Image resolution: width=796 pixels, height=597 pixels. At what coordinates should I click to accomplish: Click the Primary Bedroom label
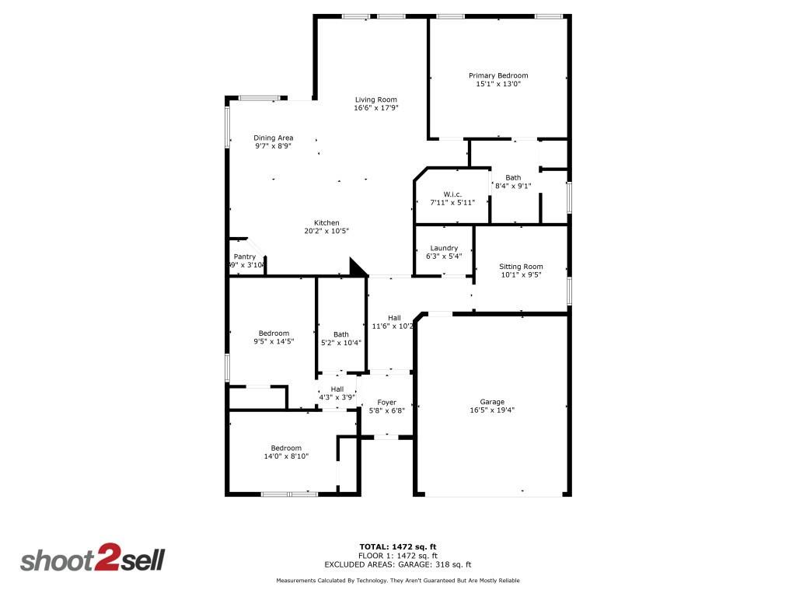click(497, 75)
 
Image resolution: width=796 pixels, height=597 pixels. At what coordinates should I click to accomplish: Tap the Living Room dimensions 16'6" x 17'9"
click(376, 108)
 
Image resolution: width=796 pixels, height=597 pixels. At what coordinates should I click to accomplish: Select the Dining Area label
click(273, 138)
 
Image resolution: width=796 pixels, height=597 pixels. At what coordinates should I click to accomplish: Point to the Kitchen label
click(326, 222)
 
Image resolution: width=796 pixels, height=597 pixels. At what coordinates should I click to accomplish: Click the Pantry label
click(245, 257)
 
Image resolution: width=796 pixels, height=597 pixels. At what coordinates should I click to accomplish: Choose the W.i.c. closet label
click(452, 194)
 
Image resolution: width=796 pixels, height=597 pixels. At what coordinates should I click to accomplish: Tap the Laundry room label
click(444, 248)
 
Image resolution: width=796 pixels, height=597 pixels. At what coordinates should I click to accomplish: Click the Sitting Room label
click(521, 267)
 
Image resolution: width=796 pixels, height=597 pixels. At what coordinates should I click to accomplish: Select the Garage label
click(492, 402)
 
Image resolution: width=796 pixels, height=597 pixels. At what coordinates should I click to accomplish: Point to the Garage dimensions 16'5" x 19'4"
click(492, 410)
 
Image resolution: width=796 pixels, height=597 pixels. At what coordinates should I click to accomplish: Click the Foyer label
click(387, 402)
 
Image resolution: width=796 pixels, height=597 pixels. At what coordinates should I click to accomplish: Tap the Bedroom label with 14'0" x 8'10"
click(286, 448)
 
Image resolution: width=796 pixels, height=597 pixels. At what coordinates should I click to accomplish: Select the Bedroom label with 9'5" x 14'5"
click(274, 333)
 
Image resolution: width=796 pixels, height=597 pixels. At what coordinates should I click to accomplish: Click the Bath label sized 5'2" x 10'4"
click(341, 334)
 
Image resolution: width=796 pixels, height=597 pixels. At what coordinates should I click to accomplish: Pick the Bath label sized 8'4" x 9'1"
click(513, 177)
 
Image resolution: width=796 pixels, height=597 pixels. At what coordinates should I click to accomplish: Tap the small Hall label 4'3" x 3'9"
click(337, 389)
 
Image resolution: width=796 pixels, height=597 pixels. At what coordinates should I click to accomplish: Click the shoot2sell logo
click(93, 560)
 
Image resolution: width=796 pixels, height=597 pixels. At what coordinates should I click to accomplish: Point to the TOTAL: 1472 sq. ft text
click(397, 546)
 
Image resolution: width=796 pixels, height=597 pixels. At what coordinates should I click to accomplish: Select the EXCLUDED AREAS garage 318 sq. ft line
click(397, 565)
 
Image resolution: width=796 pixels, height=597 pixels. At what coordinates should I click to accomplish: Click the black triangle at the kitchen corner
click(358, 268)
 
